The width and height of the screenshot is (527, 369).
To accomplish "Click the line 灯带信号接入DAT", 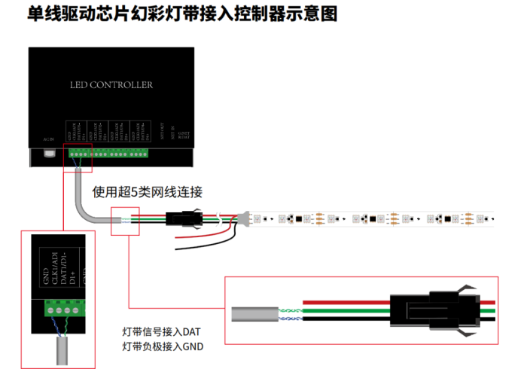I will (x=161, y=332).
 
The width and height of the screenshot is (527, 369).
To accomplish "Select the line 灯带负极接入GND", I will (x=163, y=346).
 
